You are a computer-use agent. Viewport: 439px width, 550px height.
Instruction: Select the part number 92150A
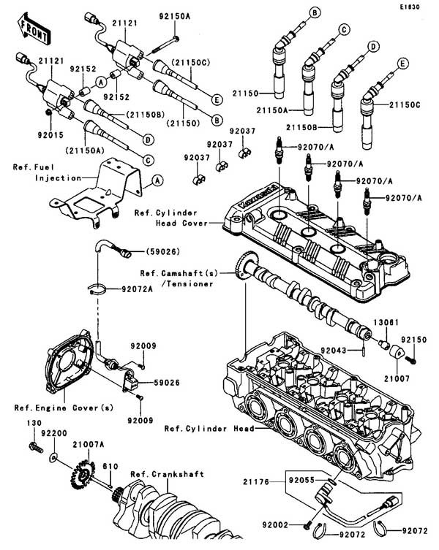174,14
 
